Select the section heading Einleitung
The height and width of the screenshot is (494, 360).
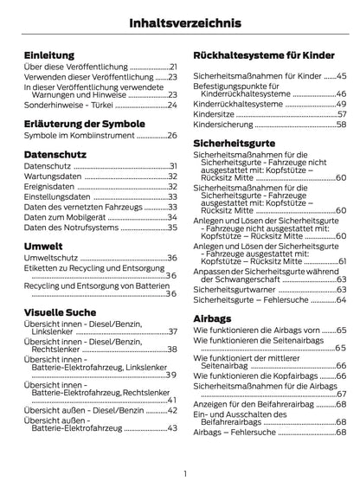pos(50,54)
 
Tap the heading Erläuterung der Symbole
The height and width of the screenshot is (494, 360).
pos(83,122)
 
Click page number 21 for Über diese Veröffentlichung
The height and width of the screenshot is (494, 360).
pos(173,67)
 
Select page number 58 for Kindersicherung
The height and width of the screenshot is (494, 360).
pos(342,125)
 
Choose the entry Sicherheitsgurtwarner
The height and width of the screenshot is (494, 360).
pos(236,289)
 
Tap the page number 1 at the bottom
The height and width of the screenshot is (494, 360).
pos(184,474)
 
